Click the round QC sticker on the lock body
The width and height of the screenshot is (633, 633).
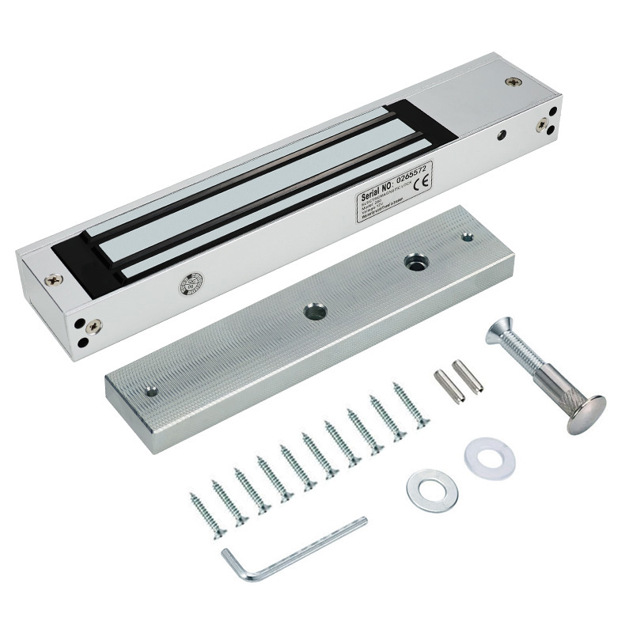(191, 282)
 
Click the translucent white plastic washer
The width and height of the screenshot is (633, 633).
(489, 457)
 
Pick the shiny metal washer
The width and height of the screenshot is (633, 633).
(432, 490)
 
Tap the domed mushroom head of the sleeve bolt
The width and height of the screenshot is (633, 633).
(586, 414)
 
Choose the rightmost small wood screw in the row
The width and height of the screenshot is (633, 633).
(411, 404)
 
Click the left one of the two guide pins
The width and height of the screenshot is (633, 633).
(449, 386)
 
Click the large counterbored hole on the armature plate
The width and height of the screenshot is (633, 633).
(415, 262)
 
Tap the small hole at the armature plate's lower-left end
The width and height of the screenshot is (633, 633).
(150, 391)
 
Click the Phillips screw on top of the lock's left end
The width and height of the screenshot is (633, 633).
(54, 279)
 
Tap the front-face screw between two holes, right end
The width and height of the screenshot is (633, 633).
(542, 125)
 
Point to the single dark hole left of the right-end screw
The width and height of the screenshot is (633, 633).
(502, 135)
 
